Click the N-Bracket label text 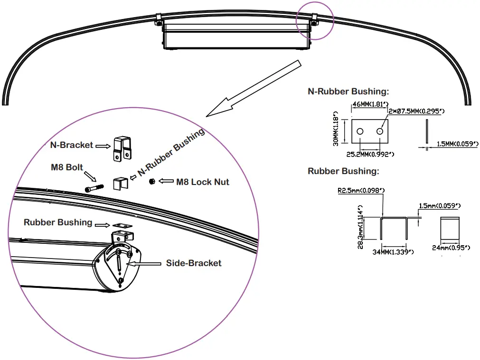point(71,145)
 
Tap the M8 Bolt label point(67,167)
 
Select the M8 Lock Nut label point(203,182)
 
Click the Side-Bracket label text point(194,263)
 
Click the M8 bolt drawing point(94,188)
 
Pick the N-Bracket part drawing point(122,148)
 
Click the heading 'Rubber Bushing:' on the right point(343,171)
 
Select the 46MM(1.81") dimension point(369,104)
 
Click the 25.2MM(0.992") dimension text point(369,154)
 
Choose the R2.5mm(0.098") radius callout point(361,191)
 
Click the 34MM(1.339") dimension point(393,252)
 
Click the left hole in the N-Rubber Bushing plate point(360,131)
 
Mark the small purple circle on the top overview point(315,20)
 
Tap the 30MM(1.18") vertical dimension point(337,129)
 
